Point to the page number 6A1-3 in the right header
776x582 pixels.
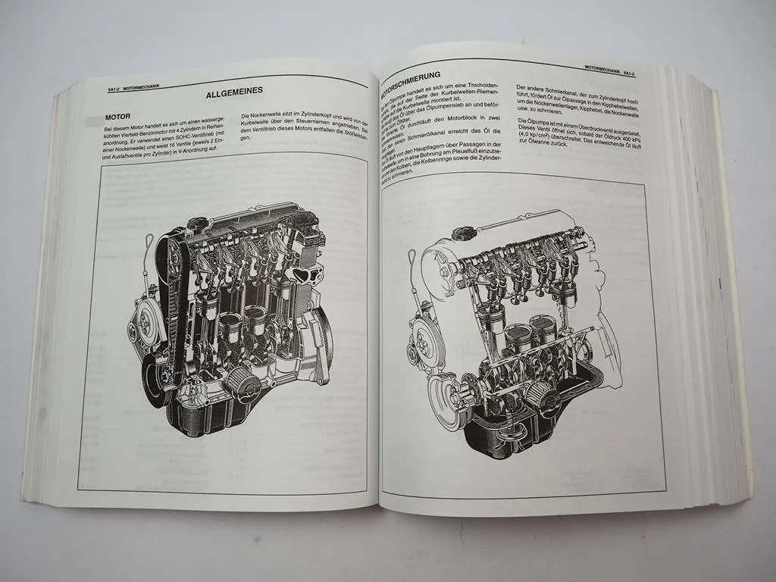tap(627, 74)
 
